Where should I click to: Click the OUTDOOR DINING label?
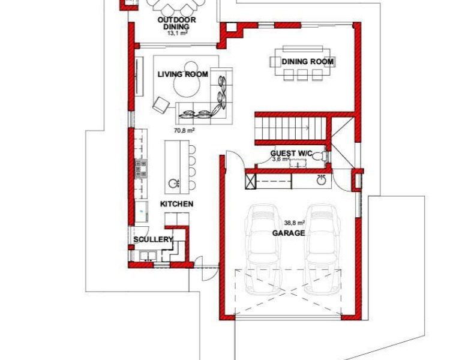pos(176,23)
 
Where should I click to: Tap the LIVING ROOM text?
pos(183,74)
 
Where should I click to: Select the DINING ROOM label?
pos(307,62)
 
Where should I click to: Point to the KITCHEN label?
pos(177,204)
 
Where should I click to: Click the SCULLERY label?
pos(153,239)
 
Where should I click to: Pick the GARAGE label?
pos(289,233)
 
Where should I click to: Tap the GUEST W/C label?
pos(292,153)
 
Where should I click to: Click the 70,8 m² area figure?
pos(184,131)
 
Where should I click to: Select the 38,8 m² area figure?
pos(295,223)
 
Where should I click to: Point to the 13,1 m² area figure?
pos(177,33)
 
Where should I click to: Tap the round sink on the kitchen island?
pos(173,184)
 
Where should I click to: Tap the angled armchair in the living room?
pos(161,104)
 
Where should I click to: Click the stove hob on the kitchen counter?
pos(141,169)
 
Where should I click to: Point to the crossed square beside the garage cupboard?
pos(250,181)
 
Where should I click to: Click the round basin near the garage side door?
pos(322,181)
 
